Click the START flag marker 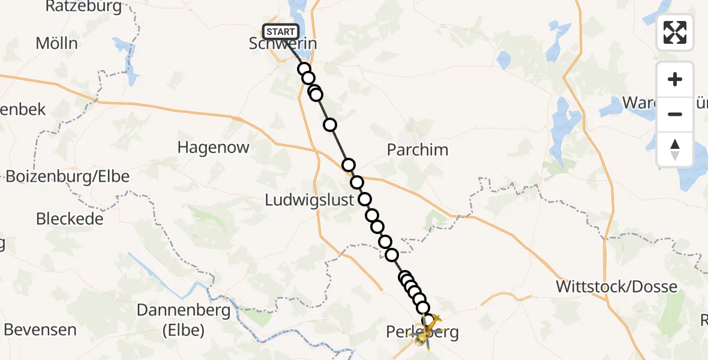coord(280,32)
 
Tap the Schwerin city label coord(283,44)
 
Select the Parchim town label coord(418,150)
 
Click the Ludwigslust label coord(310,200)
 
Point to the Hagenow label coord(213,148)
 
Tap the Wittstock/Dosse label coord(616,286)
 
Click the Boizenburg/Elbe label coord(67,177)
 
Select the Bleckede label coord(70,218)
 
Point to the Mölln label coord(56,43)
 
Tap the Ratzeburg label coord(83,7)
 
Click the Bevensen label coord(40,329)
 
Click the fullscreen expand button coord(675,32)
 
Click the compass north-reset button coord(675,149)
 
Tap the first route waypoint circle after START coord(304,70)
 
